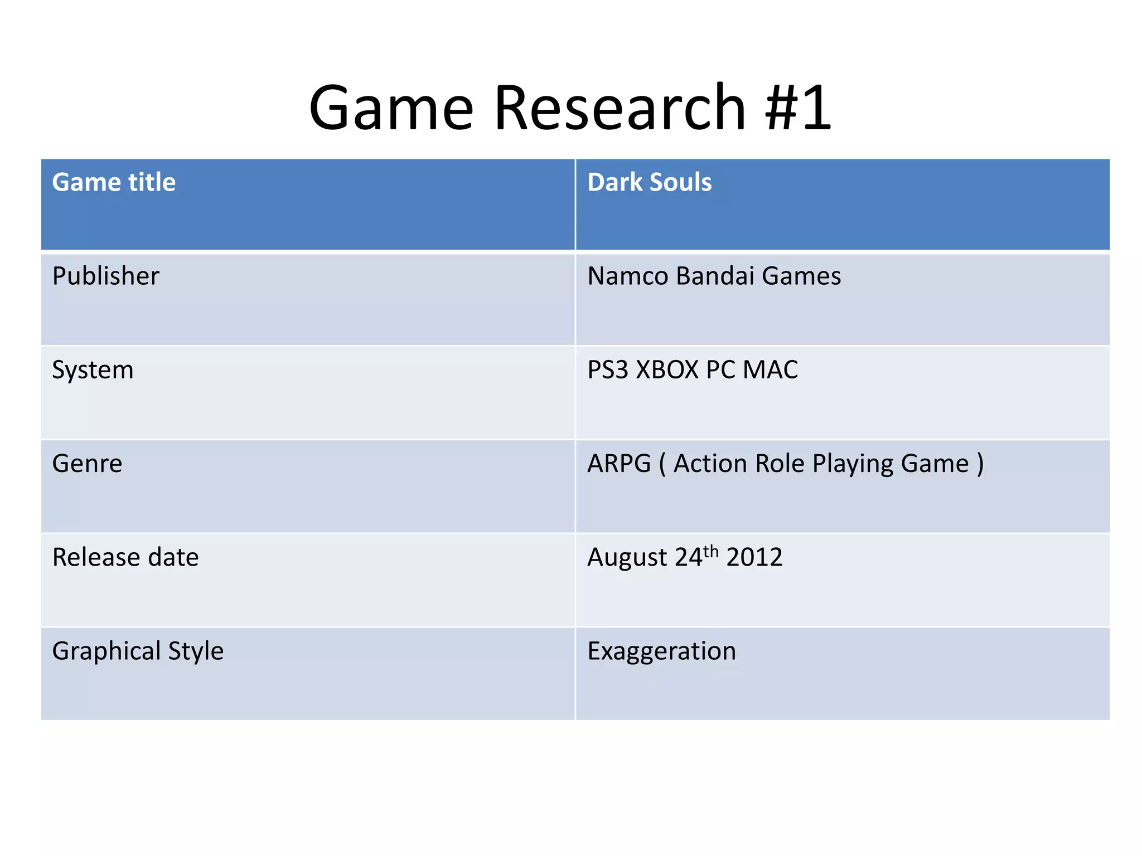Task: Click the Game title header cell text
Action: pos(114,182)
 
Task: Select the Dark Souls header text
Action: pos(650,182)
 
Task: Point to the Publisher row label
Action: pos(105,276)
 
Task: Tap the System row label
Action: pos(93,370)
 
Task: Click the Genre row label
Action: pos(87,464)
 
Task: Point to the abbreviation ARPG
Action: pos(619,464)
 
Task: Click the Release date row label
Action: pos(125,557)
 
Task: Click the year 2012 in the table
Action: pos(754,557)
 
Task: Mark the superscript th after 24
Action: pos(711,551)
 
